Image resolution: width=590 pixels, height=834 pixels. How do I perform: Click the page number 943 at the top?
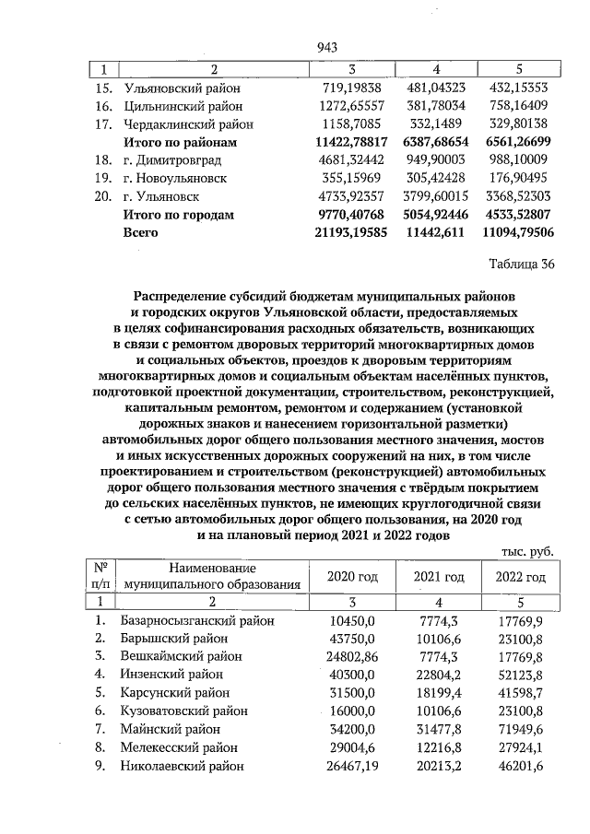[327, 47]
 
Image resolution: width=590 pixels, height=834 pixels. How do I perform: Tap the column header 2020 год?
[353, 577]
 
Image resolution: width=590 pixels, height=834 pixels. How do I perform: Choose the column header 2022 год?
[521, 577]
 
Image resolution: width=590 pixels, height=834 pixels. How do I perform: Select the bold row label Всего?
[141, 232]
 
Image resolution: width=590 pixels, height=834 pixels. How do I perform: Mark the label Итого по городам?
[179, 215]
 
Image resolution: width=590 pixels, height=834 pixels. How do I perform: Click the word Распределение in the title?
[187, 298]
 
